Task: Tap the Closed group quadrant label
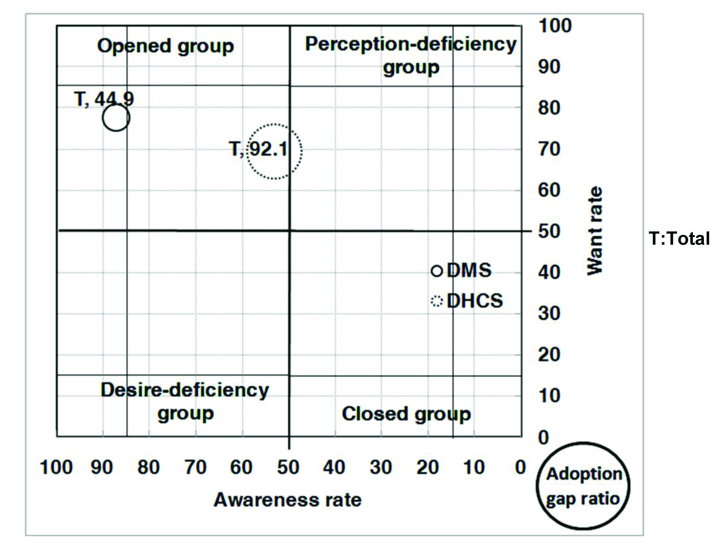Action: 406,414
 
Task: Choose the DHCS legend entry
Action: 467,301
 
